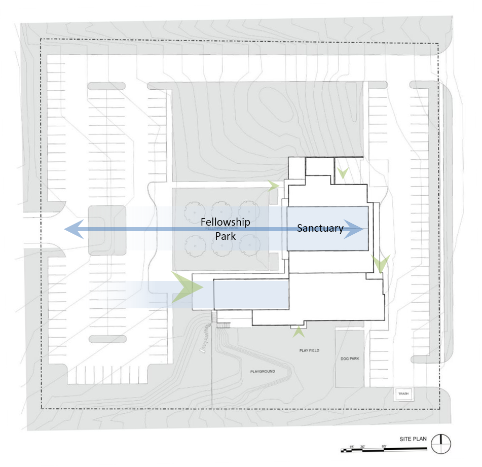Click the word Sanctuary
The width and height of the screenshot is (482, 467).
pos(320,228)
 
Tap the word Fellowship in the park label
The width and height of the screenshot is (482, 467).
pos(225,222)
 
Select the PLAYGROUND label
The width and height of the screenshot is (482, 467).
pos(262,372)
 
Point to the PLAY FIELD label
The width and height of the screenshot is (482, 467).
pos(309,350)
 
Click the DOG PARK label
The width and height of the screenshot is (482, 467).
pos(350,358)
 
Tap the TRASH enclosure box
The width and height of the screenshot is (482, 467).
pos(403,393)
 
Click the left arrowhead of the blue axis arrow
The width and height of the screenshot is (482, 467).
pos(71,230)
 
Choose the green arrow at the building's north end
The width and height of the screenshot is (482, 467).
pos(343,173)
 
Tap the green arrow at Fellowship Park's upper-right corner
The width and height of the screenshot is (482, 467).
pos(274,186)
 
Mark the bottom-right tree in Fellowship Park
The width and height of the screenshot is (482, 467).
pos(248,246)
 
